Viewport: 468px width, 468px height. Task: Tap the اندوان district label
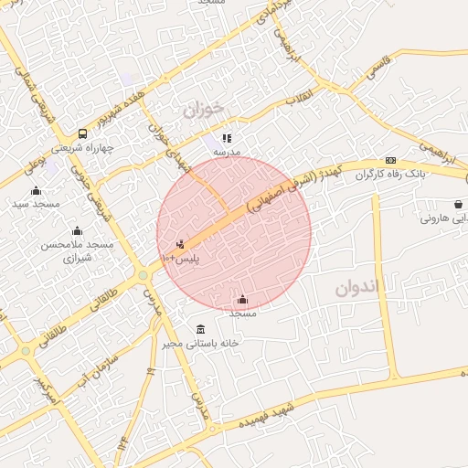(356, 288)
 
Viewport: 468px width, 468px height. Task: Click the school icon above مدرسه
(227, 138)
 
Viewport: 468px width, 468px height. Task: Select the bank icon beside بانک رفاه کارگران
(390, 160)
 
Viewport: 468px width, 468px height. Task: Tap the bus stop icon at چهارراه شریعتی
(83, 133)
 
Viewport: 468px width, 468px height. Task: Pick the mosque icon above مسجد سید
(36, 190)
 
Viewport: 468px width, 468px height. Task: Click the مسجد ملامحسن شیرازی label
(75, 251)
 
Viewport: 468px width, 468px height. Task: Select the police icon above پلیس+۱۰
(180, 244)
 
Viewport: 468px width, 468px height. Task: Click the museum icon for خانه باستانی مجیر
(200, 329)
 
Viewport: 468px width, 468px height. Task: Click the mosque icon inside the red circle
(242, 299)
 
